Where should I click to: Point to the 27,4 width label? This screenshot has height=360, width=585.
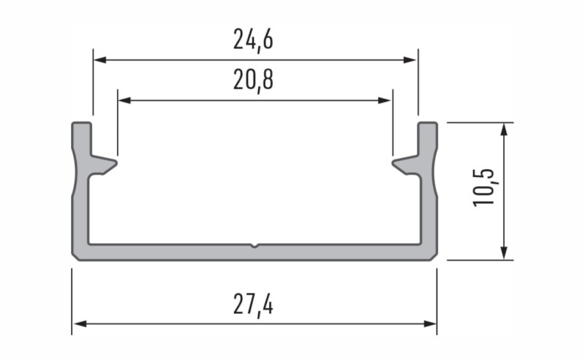click(x=253, y=303)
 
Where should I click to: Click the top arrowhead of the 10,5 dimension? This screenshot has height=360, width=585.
click(x=504, y=129)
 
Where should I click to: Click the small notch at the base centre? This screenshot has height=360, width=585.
click(x=254, y=245)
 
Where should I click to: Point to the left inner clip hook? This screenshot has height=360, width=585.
click(x=106, y=164)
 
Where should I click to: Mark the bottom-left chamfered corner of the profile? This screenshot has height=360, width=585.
click(x=75, y=256)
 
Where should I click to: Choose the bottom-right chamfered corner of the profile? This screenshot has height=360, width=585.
click(x=434, y=256)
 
